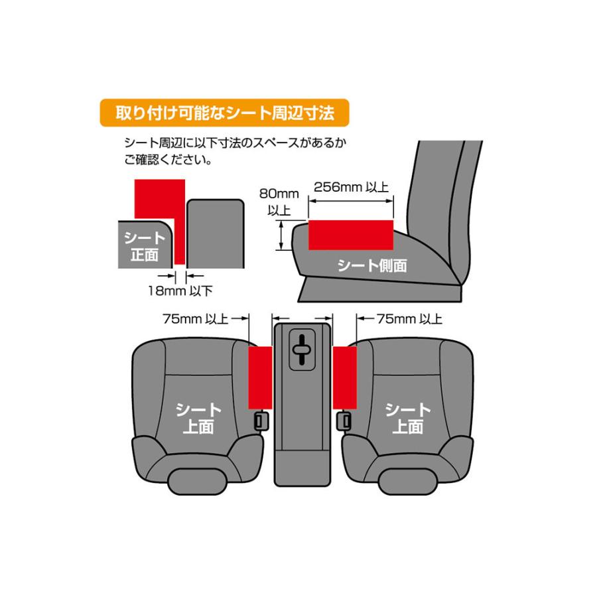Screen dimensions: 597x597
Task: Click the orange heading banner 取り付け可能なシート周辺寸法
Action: coord(224,113)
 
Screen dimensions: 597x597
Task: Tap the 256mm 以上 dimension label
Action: coord(351,187)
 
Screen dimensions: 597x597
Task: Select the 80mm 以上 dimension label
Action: coord(279,202)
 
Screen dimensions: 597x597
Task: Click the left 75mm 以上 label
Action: coord(195,319)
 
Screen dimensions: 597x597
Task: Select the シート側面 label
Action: coord(372,266)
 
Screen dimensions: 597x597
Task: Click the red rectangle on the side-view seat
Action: coord(350,234)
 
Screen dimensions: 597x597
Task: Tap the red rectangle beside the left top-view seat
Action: coord(260,377)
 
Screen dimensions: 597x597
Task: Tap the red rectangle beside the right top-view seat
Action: coord(345,377)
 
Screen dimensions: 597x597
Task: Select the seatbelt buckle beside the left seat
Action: coord(261,419)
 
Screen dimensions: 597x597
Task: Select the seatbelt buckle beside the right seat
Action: coord(345,419)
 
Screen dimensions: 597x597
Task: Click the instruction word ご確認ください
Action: coord(169,161)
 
